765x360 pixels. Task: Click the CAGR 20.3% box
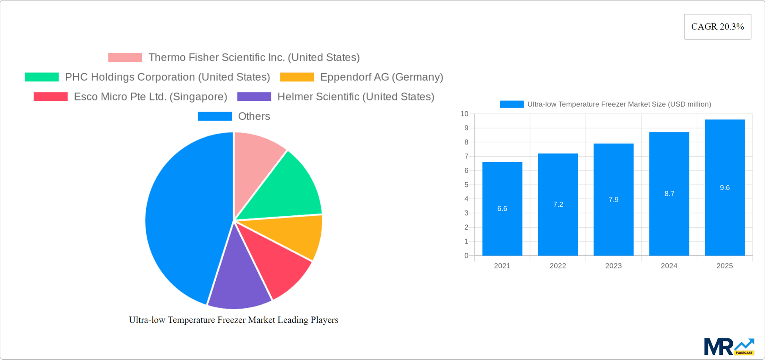coord(717,27)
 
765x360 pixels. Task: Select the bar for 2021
coord(502,223)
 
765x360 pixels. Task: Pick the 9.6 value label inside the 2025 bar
coord(724,188)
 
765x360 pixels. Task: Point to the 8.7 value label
coord(669,194)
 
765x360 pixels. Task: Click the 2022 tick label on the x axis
coord(557,266)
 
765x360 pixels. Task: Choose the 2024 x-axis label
coord(669,266)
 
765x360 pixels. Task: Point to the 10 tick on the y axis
coord(464,114)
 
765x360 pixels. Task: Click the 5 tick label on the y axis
coord(466,185)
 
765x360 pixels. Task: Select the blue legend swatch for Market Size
coord(512,104)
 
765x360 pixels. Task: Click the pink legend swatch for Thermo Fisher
coord(125,57)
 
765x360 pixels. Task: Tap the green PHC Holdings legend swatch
coord(42,77)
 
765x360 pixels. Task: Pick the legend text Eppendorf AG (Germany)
coord(381,77)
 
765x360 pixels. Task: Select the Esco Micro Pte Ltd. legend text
coord(150,96)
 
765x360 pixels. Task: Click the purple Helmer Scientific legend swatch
coord(254,96)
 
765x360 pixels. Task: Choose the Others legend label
coord(254,116)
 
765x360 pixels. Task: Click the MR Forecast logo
coord(729,346)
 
